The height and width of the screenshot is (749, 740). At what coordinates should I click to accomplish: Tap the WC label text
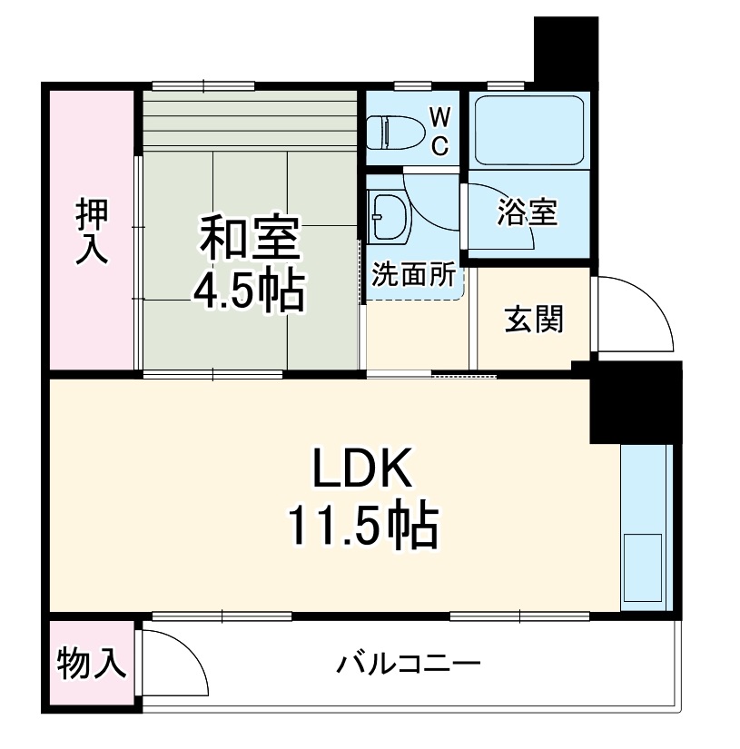pos(439,132)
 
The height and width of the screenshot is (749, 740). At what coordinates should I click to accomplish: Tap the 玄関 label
pos(534,320)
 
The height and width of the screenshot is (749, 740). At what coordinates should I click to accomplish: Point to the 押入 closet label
pos(92,232)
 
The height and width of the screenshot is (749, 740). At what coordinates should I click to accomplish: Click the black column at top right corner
pos(566,50)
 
